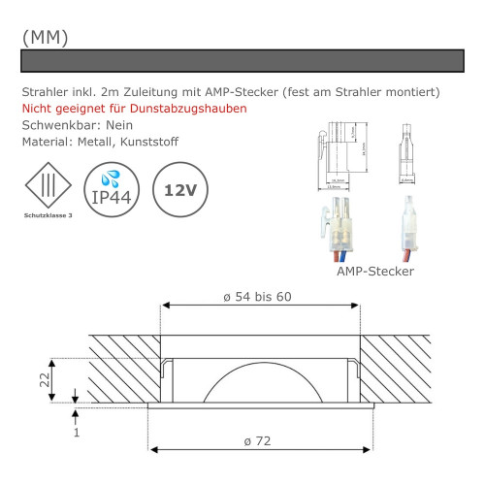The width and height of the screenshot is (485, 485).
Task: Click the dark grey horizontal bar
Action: coord(242,61)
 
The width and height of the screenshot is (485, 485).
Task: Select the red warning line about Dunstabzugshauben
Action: coord(134,109)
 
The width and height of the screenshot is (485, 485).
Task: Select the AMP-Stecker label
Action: coord(374,272)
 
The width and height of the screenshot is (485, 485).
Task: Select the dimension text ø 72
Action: coord(258,441)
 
